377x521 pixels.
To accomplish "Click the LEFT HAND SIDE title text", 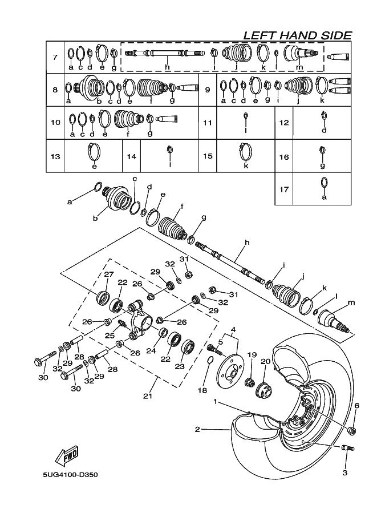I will coord(297,35).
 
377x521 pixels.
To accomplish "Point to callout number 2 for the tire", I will coord(197,429).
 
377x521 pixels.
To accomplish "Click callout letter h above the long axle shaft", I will coord(247,243).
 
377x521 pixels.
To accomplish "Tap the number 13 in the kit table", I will coord(55,156).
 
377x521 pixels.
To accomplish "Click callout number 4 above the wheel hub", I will coord(233,329).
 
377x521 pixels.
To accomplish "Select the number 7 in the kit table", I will coord(55,57).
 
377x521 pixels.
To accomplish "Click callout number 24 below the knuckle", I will coord(151,351).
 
